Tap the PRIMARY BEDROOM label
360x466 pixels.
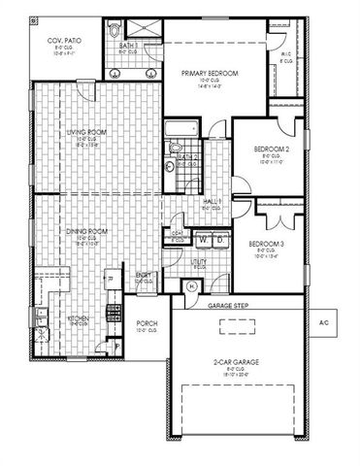(x=209, y=74)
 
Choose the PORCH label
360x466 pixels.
(x=146, y=323)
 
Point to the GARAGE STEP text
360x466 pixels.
(x=228, y=306)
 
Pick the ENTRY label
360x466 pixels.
(x=145, y=277)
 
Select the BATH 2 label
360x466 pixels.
(x=188, y=157)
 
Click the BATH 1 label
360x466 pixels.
(x=127, y=45)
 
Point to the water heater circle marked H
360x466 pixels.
(x=190, y=285)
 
